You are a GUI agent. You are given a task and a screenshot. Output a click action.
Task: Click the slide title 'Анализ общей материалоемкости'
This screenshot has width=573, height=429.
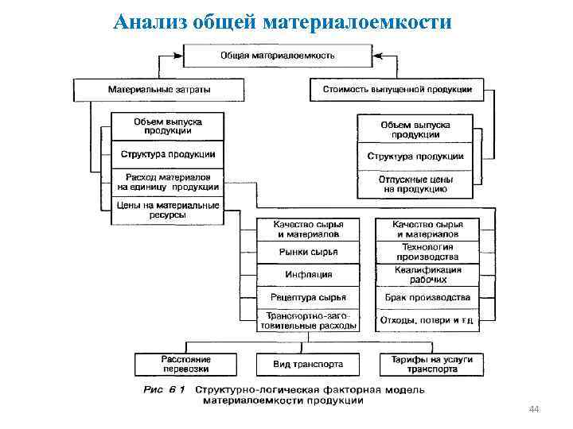pyautogui.click(x=283, y=21)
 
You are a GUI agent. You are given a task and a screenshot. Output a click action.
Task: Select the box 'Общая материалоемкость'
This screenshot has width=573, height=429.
pyautogui.click(x=277, y=56)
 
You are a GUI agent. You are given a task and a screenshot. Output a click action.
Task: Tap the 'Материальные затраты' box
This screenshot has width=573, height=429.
pyautogui.click(x=159, y=89)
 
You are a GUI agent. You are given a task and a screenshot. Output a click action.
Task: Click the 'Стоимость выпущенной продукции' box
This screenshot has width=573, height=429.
pyautogui.click(x=397, y=89)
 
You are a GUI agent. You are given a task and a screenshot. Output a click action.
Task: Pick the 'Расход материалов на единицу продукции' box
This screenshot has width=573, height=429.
pyautogui.click(x=168, y=181)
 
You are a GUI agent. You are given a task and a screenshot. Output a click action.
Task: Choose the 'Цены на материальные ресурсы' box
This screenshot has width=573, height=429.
pyautogui.click(x=168, y=210)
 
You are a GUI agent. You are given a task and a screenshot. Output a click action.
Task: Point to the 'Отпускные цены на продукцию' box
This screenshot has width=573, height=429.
pyautogui.click(x=415, y=185)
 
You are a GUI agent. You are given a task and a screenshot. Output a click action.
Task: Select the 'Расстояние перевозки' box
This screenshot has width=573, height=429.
pyautogui.click(x=185, y=365)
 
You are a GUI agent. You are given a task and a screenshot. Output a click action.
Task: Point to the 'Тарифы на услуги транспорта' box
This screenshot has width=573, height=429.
pyautogui.click(x=431, y=365)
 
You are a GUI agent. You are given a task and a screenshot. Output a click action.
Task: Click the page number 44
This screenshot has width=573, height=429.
pyautogui.click(x=534, y=409)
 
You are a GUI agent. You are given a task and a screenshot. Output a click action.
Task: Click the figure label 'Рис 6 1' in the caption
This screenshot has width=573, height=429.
pyautogui.click(x=164, y=390)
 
